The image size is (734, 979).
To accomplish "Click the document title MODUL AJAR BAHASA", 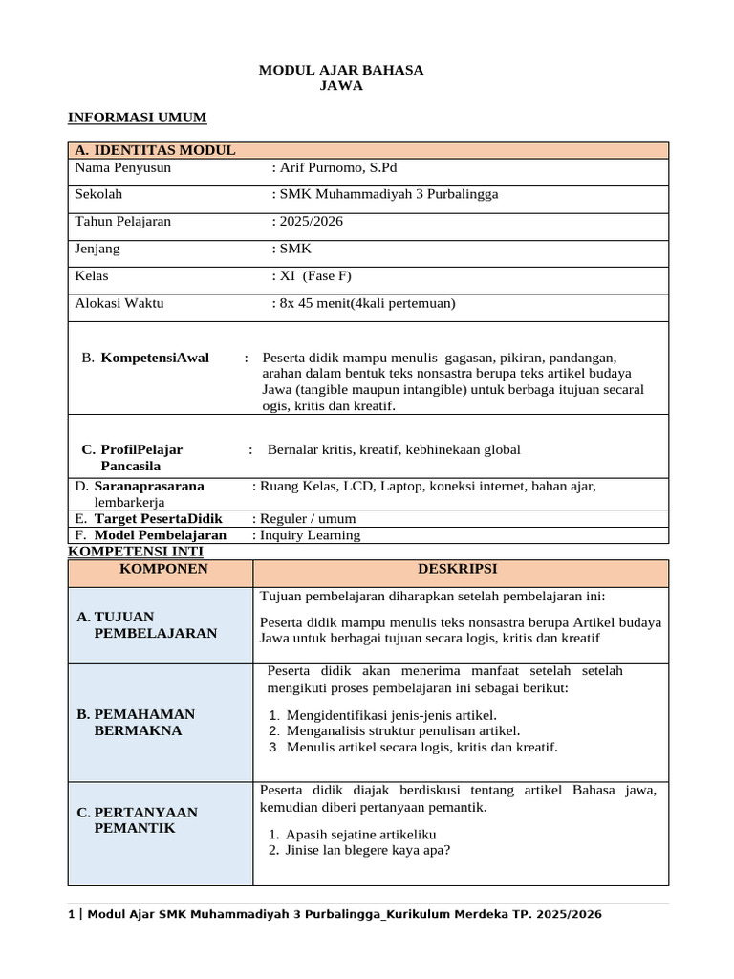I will [x=341, y=71].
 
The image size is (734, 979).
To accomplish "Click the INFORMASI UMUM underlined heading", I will [x=137, y=118].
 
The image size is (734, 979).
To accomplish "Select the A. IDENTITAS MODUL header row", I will [x=155, y=150].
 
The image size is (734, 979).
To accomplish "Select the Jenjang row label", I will [x=98, y=249].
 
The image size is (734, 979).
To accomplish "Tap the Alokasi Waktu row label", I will [x=119, y=303].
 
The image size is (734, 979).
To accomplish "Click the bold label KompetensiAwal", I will [x=155, y=358].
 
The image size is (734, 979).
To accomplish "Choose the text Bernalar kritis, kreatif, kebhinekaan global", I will [x=394, y=449].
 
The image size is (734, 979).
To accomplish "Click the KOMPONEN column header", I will [x=162, y=569].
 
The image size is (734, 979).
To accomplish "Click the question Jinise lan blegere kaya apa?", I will [x=368, y=850].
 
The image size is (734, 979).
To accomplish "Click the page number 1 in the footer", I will [x=71, y=914].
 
